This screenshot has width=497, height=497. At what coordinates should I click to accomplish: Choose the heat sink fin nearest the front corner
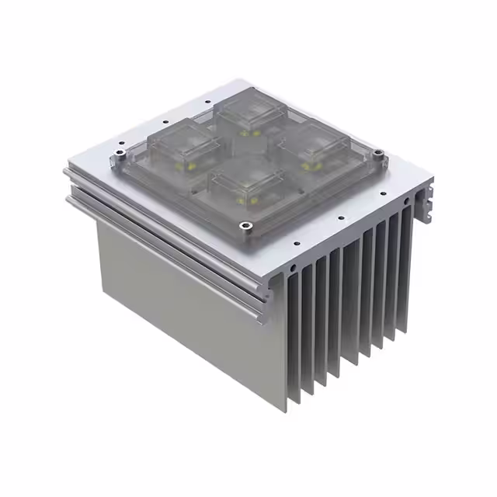pos(293,342)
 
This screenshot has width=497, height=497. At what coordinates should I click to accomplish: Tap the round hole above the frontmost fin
pos(294,268)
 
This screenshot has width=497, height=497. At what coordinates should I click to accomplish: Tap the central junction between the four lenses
pos(250,151)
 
